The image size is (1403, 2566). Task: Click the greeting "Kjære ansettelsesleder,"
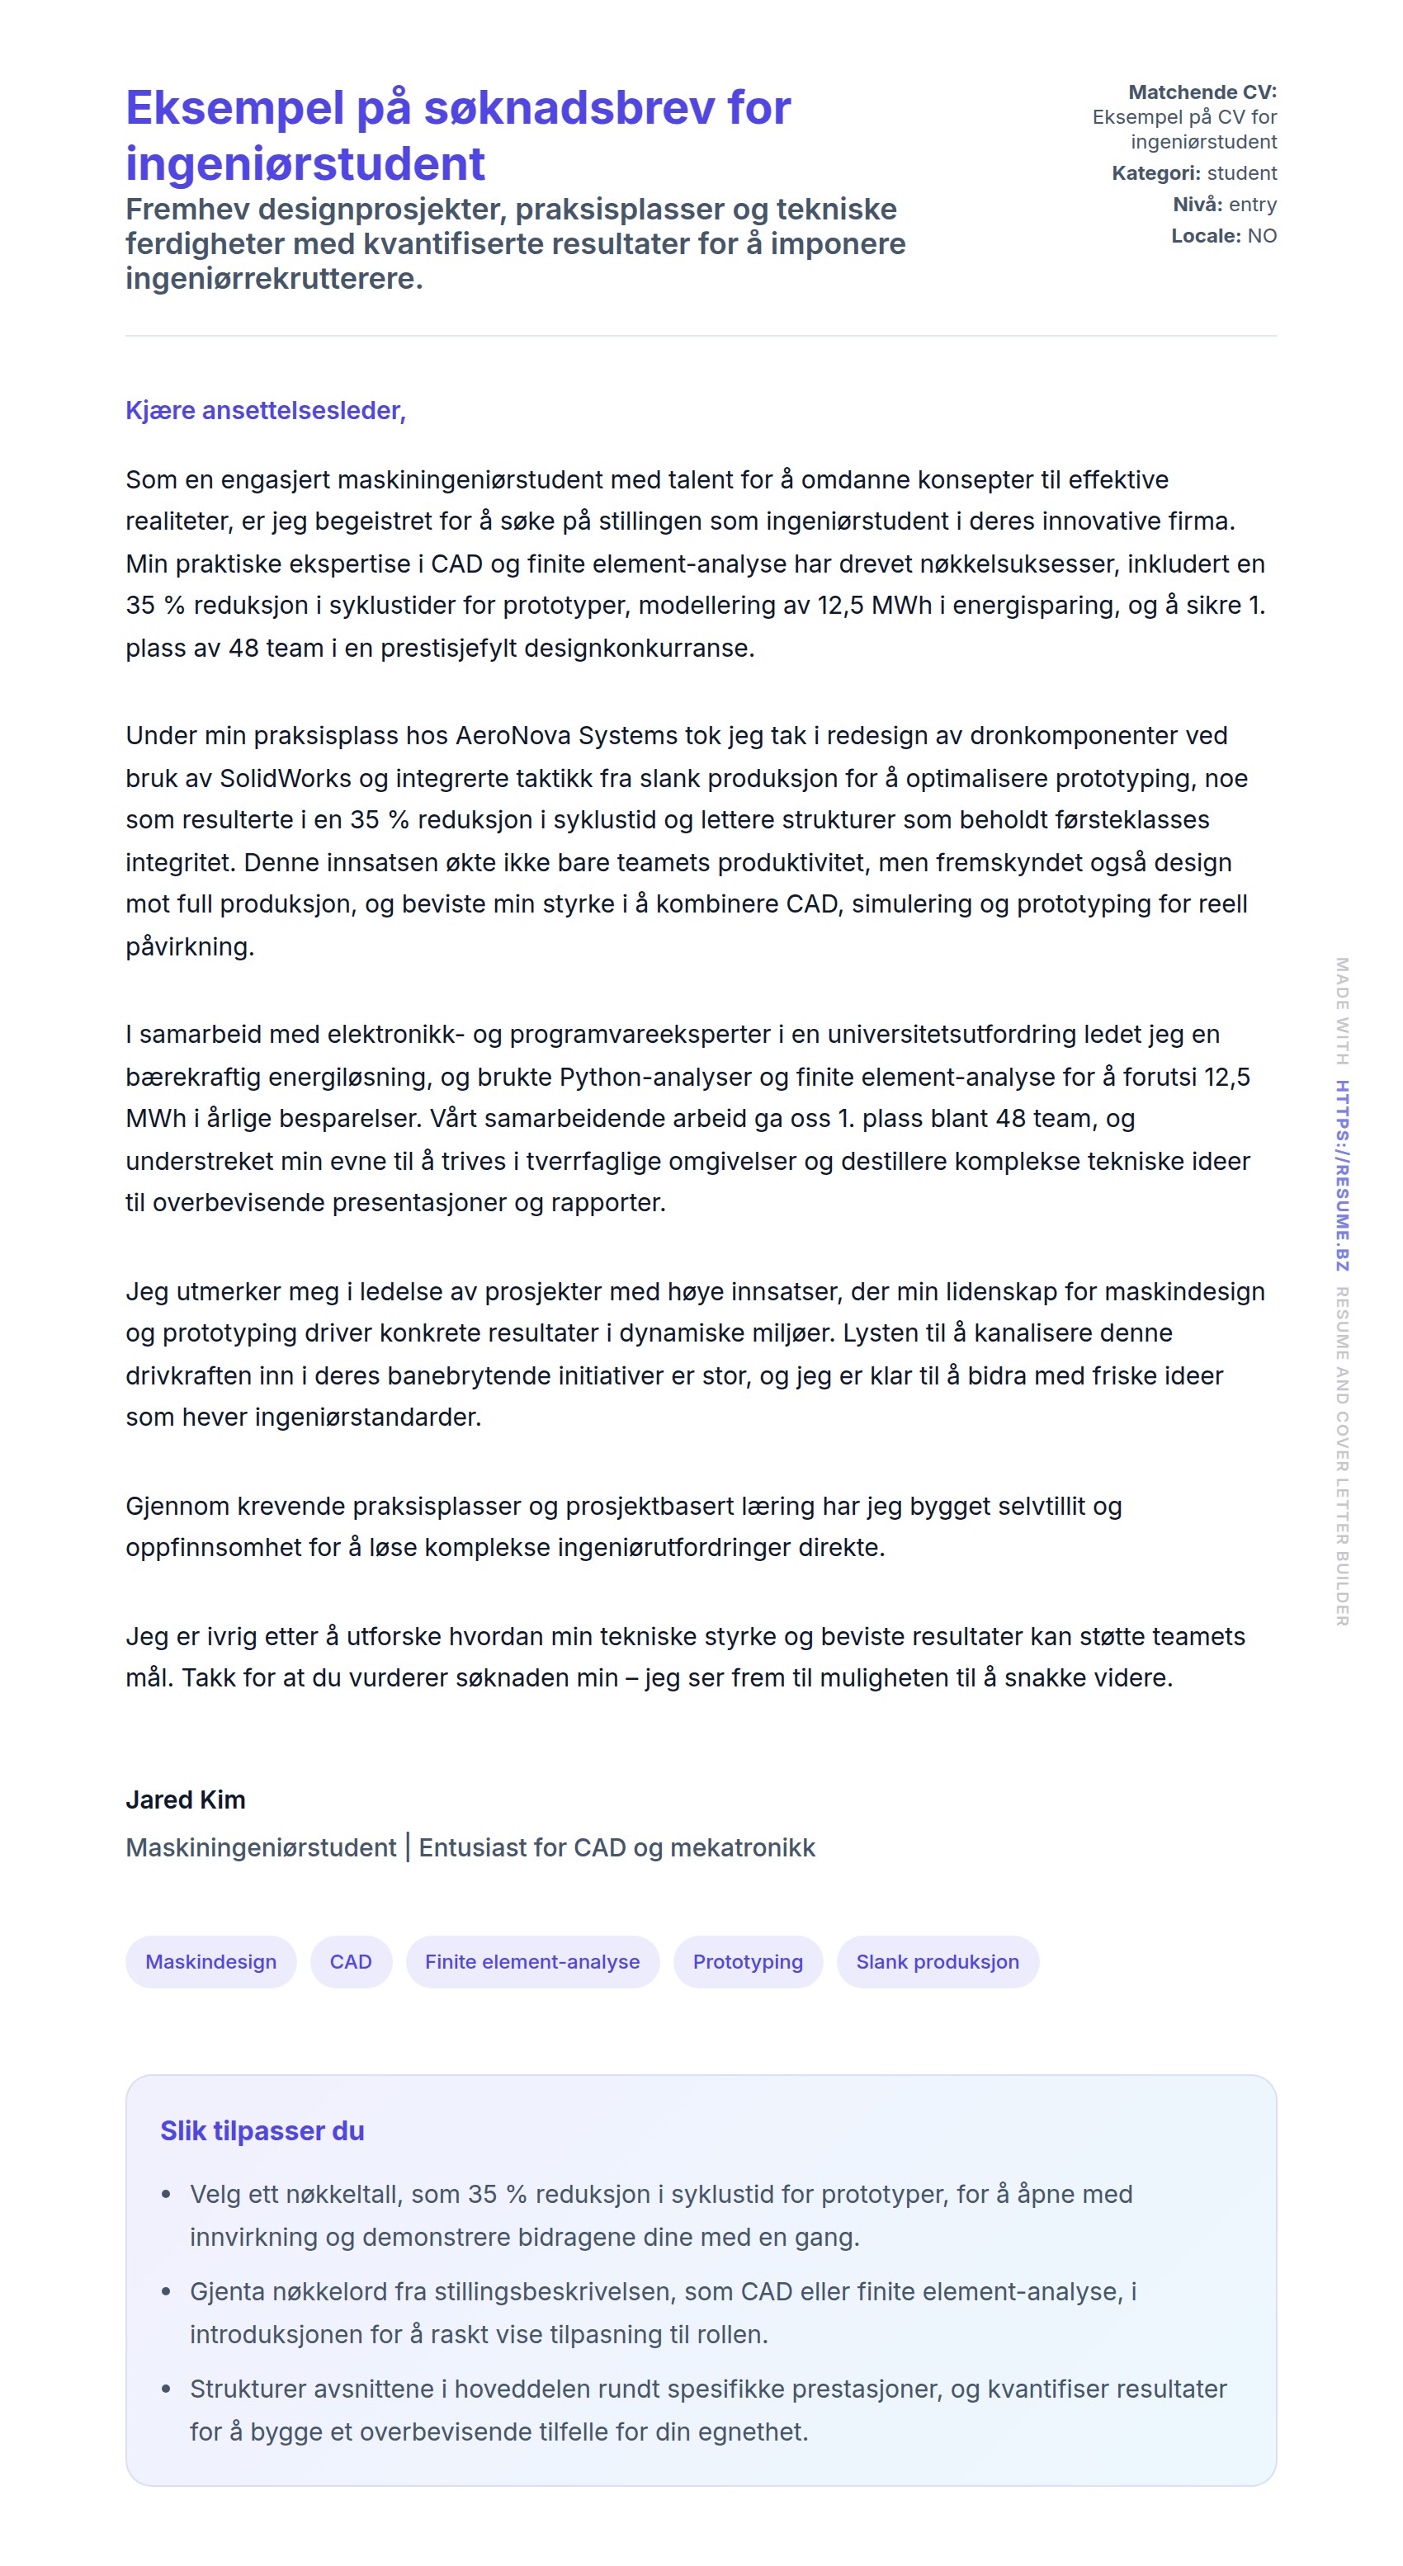click(265, 410)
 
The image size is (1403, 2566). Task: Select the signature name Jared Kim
click(186, 1799)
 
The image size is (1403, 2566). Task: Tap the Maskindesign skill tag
click(210, 1961)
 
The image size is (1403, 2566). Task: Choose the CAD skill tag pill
click(351, 1961)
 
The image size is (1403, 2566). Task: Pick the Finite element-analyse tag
click(532, 1961)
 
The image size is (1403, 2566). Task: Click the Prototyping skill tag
click(748, 1961)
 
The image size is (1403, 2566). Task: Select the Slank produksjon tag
click(937, 1961)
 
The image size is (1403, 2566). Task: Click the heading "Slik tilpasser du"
click(262, 2130)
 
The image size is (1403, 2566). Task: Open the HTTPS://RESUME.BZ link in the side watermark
click(1342, 1176)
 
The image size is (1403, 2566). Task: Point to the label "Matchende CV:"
click(1202, 92)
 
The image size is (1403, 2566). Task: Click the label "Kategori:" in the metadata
click(1156, 173)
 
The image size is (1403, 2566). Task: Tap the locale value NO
click(1262, 236)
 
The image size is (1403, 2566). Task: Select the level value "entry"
click(1253, 204)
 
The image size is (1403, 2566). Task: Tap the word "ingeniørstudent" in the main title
click(305, 164)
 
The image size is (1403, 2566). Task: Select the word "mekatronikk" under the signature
click(743, 1848)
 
